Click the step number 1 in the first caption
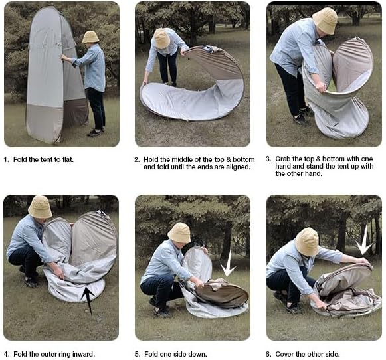tap(6, 159)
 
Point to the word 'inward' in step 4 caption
tap(82, 353)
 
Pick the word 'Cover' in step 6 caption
tap(286, 353)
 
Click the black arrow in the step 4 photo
tap(87, 300)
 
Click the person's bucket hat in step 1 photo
tap(90, 37)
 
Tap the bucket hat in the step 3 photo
tap(325, 20)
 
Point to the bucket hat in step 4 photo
tap(40, 207)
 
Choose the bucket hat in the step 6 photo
tap(306, 242)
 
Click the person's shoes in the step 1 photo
tap(94, 132)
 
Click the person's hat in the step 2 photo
tap(161, 38)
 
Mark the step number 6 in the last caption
tap(268, 353)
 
